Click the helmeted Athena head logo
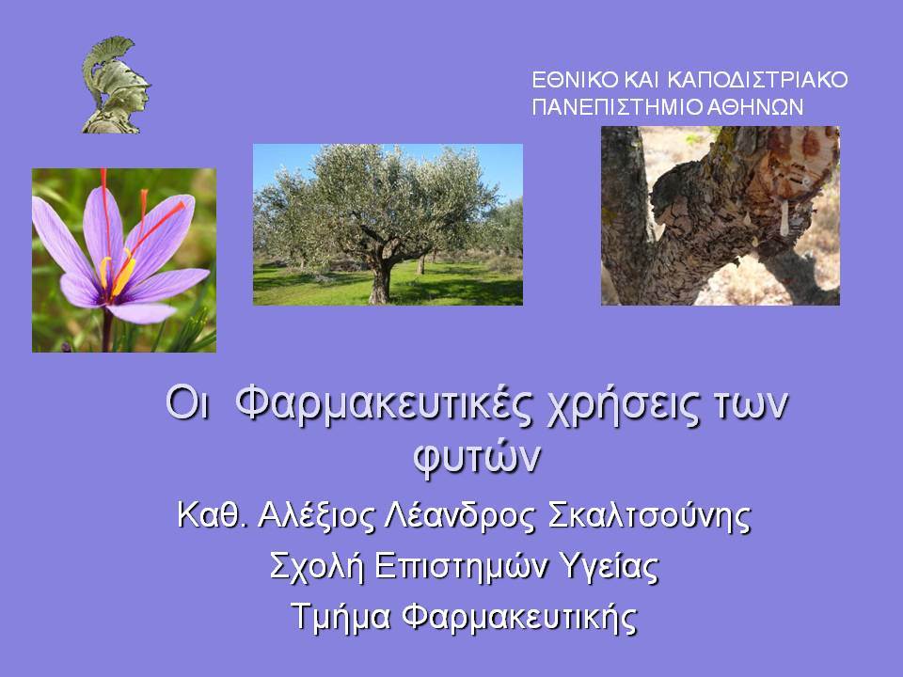116,86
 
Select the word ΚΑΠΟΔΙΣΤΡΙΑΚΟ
757,79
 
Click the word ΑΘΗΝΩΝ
754,107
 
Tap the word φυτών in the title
477,458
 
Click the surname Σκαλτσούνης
649,515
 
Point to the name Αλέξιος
316,515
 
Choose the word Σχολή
317,566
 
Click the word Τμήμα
341,618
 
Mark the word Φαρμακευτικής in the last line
520,618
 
